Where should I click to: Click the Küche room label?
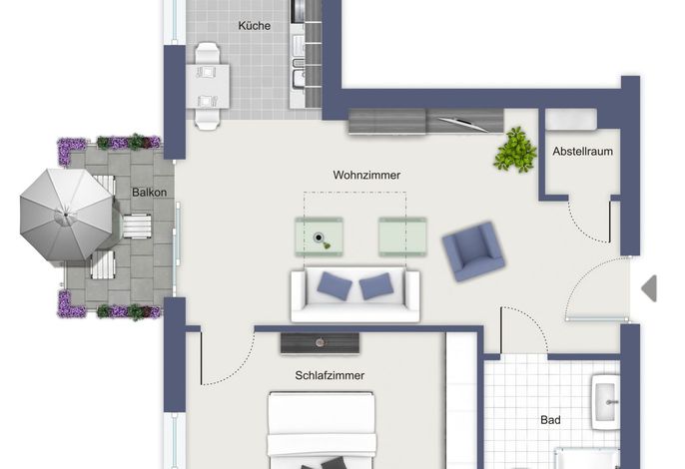pyautogui.click(x=254, y=26)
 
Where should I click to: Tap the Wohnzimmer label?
pyautogui.click(x=366, y=175)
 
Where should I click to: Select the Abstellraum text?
pyautogui.click(x=582, y=152)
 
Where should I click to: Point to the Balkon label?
pyautogui.click(x=149, y=193)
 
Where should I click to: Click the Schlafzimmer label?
pyautogui.click(x=330, y=375)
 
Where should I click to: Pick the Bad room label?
pyautogui.click(x=550, y=420)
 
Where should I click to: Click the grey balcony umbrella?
pyautogui.click(x=66, y=215)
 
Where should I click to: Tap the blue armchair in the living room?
pyautogui.click(x=473, y=251)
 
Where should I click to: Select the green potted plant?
pyautogui.click(x=515, y=150)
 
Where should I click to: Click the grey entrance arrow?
pyautogui.click(x=650, y=288)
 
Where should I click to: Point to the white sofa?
pyautogui.click(x=355, y=294)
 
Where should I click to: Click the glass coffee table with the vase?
pyautogui.click(x=319, y=236)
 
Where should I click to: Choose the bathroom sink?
pyautogui.click(x=605, y=402)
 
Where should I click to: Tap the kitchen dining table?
pyautogui.click(x=208, y=86)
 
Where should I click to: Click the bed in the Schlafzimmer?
pyautogui.click(x=322, y=430)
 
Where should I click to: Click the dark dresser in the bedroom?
pyautogui.click(x=321, y=343)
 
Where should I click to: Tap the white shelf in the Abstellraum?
pyautogui.click(x=571, y=119)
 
